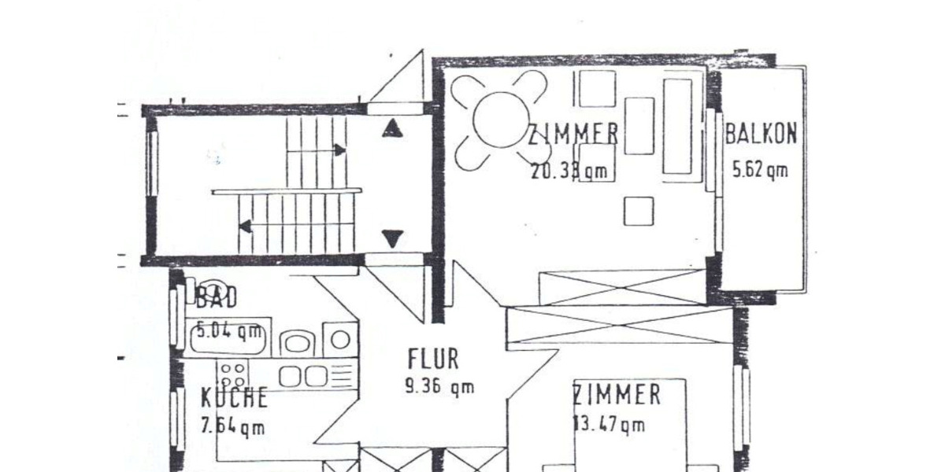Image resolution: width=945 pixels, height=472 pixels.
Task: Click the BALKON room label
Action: [761, 133]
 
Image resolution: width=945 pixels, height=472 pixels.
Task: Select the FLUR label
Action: [433, 359]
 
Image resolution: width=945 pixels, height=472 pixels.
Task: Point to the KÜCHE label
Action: [234, 397]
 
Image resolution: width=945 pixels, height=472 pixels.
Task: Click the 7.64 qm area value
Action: [232, 427]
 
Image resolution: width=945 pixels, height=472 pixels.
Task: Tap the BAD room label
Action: [217, 298]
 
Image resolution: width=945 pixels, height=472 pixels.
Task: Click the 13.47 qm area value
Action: [609, 425]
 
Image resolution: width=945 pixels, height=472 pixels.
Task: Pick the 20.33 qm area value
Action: [569, 170]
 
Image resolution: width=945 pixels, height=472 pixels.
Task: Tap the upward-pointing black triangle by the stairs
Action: [392, 128]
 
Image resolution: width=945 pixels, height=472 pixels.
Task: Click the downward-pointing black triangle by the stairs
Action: [392, 238]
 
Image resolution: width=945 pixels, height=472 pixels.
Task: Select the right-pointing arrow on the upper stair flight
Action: [339, 149]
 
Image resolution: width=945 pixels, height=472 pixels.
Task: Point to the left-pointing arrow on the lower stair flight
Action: [245, 227]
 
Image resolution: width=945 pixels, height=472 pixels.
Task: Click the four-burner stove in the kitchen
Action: [233, 374]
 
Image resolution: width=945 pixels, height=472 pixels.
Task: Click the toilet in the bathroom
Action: [298, 341]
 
